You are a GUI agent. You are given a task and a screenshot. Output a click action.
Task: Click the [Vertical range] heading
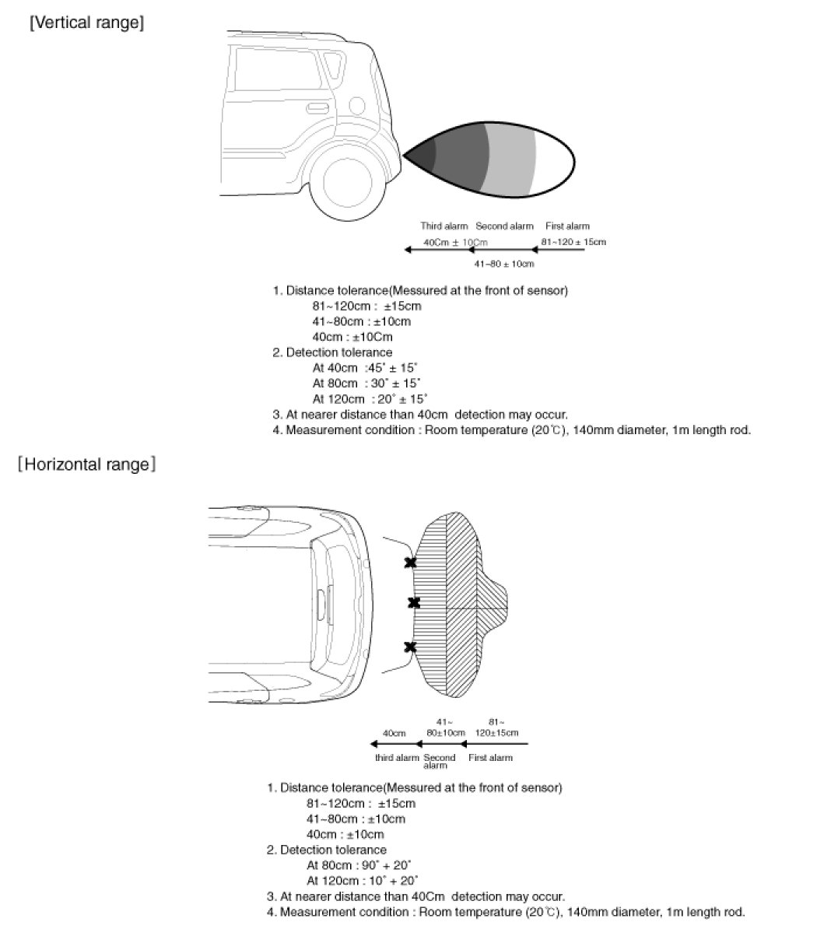tap(86, 23)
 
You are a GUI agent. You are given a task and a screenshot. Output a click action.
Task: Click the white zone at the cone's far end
tap(554, 160)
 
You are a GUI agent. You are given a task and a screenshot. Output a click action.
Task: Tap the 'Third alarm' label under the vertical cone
tap(444, 226)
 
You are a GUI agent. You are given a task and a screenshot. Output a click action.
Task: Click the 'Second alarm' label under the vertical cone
tap(504, 226)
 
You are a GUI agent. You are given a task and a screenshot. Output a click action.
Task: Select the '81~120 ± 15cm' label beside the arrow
tap(573, 242)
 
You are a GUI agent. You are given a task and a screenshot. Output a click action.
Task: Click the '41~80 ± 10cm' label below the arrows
tap(504, 264)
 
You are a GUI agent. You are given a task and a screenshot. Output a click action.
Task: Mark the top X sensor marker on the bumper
tap(410, 563)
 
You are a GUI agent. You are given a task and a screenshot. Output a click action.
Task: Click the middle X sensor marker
tap(414, 602)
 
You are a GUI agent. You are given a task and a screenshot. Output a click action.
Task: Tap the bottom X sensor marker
tap(410, 647)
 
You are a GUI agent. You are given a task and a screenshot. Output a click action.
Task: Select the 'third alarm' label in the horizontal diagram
tap(397, 758)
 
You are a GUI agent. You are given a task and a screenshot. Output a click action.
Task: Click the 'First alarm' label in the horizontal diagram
tap(490, 758)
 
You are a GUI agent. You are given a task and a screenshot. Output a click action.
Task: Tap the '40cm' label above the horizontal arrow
tap(394, 733)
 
